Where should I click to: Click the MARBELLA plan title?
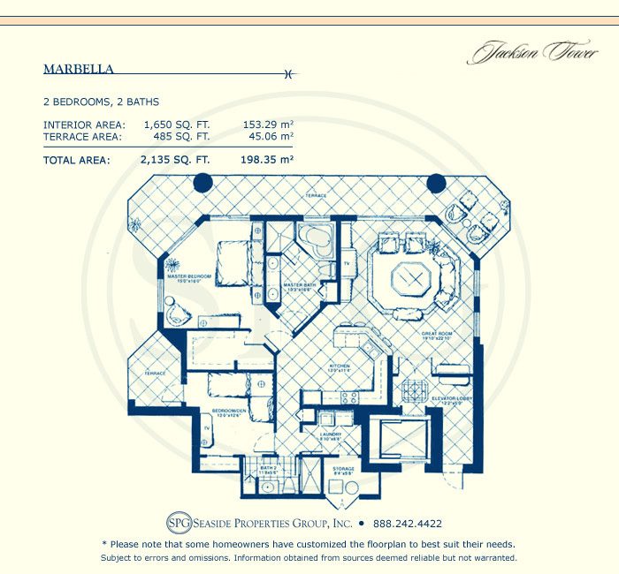tap(78, 68)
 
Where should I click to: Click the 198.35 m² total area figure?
tap(266, 161)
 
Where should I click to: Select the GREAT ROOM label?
tap(436, 333)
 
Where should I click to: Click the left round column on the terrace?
tap(203, 183)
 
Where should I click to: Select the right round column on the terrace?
tap(436, 183)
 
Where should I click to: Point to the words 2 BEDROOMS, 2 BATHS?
tap(101, 102)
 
